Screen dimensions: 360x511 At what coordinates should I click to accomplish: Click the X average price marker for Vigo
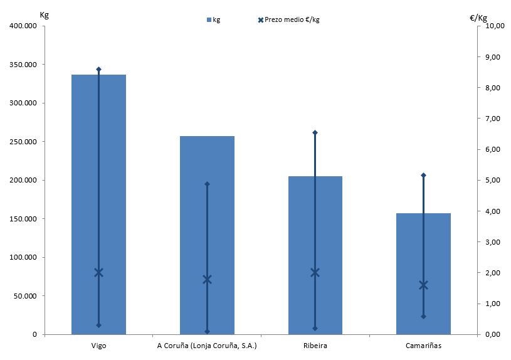[98, 272]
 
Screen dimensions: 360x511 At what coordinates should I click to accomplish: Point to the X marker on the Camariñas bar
[423, 285]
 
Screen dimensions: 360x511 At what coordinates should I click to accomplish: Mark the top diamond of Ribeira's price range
[315, 132]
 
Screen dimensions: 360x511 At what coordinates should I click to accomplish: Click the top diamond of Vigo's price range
[98, 69]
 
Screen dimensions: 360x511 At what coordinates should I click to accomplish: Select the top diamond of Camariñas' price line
[423, 175]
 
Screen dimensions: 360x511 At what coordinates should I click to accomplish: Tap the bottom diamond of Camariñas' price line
[423, 316]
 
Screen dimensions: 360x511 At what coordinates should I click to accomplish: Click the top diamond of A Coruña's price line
[207, 184]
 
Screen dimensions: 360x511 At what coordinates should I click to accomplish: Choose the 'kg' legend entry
[213, 20]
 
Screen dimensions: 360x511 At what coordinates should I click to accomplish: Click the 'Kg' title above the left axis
[43, 15]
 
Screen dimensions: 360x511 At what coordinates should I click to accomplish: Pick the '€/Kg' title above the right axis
[478, 17]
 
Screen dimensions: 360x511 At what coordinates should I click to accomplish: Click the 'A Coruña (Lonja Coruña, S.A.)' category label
[206, 346]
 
